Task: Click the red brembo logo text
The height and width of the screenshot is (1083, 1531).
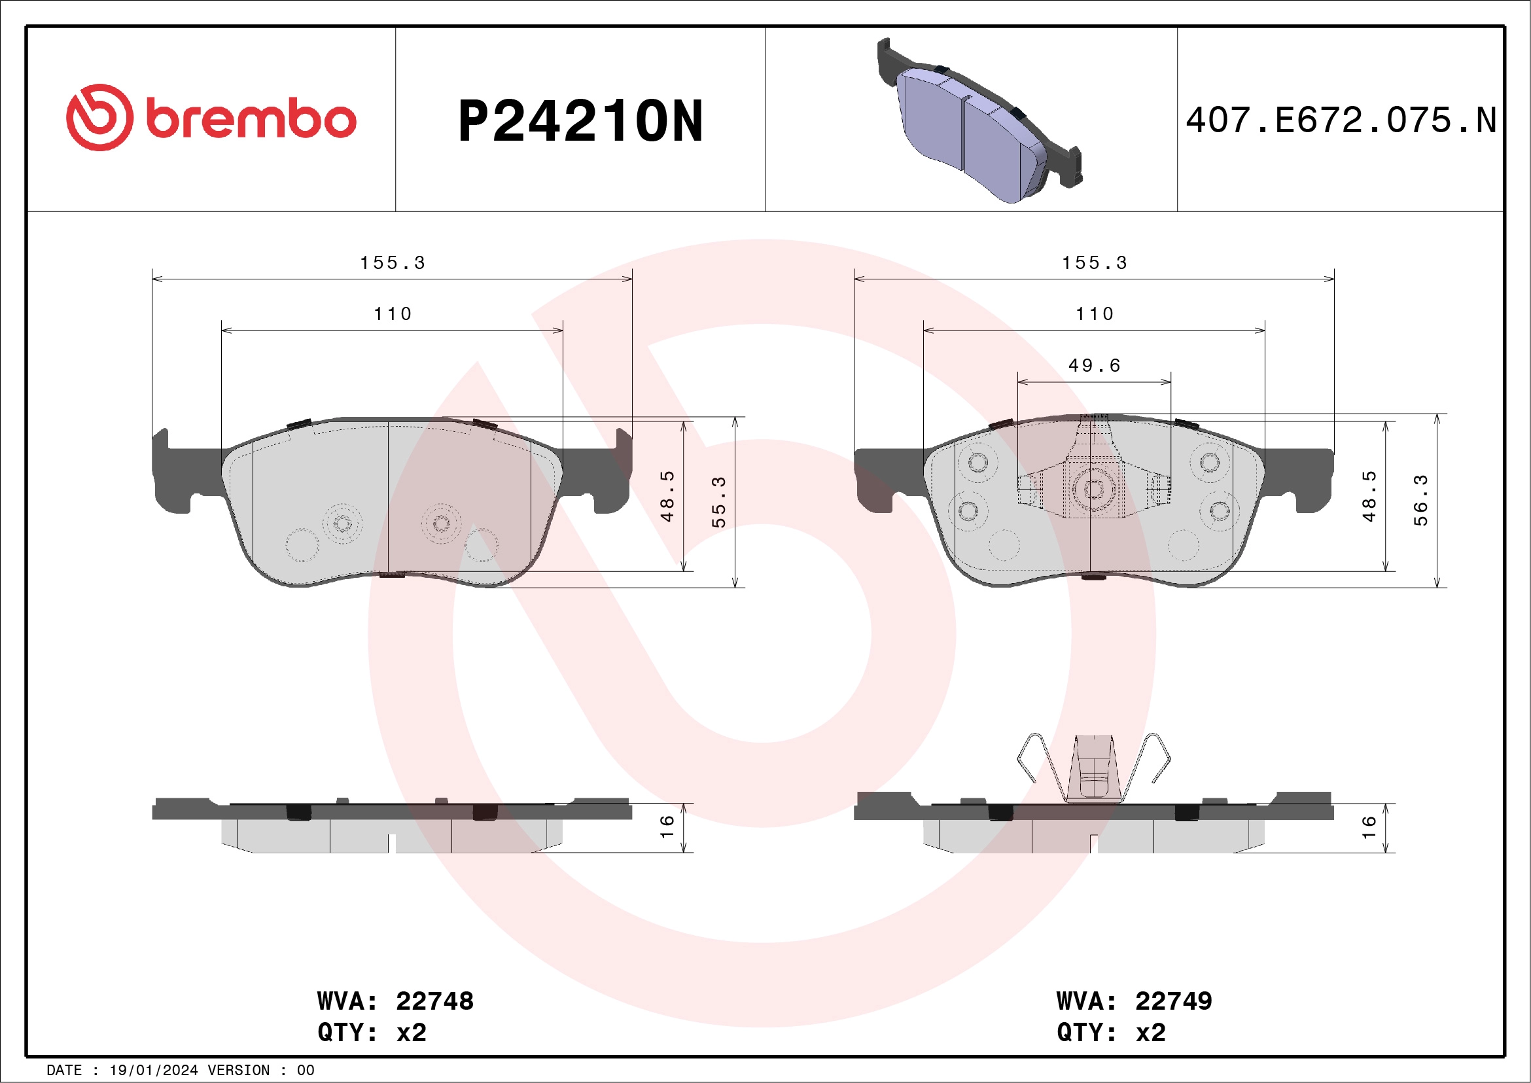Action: coord(250,120)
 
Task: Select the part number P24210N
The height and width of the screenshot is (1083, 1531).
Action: coord(580,121)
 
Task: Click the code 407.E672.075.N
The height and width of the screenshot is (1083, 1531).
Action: coord(1341,120)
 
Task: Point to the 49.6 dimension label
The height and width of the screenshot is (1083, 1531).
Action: coord(1094,365)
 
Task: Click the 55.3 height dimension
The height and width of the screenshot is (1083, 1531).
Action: coord(718,501)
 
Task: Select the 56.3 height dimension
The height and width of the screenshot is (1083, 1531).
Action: coord(1420,500)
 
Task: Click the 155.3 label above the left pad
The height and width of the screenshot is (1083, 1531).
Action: coord(393,263)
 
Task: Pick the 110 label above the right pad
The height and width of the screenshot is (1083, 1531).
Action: coord(1094,314)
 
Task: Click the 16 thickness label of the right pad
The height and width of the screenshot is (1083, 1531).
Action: coord(1368,827)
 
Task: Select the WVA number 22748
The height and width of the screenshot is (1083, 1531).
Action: coord(434,1001)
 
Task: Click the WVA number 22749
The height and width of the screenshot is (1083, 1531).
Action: coord(1173,1001)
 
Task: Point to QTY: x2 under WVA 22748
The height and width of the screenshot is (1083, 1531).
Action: coord(372,1033)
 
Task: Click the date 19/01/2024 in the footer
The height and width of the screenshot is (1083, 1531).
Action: coord(153,1071)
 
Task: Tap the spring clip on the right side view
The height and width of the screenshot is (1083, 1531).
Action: coord(1093,767)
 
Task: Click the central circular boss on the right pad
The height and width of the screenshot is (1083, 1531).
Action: coord(1093,489)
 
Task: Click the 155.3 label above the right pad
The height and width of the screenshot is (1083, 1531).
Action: coord(1094,263)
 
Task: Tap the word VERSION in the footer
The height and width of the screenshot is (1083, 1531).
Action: coord(238,1071)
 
